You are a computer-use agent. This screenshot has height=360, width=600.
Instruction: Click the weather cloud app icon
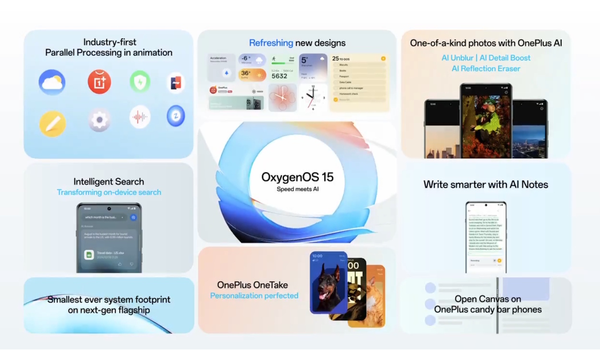(x=52, y=82)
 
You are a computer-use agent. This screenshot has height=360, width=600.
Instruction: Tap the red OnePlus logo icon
(x=99, y=82)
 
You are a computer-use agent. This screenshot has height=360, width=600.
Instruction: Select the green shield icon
(x=140, y=81)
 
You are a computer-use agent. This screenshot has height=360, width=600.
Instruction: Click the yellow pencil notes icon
(x=52, y=123)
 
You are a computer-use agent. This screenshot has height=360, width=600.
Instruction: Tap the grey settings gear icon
(x=99, y=120)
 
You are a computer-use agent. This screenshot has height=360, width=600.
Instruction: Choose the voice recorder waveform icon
(x=140, y=117)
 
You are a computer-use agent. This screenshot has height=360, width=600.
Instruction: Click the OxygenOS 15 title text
(x=297, y=177)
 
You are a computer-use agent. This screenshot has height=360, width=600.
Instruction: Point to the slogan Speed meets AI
(x=297, y=189)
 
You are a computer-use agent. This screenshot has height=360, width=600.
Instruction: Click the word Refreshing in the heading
(x=271, y=43)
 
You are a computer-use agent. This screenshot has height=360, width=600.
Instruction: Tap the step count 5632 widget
(x=279, y=76)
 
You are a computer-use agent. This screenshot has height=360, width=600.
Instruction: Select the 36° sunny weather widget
(x=252, y=75)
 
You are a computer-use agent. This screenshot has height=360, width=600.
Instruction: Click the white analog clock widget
(x=313, y=97)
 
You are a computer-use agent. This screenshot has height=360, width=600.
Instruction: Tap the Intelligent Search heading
(x=108, y=181)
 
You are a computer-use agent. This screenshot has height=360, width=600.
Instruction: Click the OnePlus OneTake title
(x=254, y=285)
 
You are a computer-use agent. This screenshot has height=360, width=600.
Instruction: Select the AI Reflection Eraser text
(x=486, y=69)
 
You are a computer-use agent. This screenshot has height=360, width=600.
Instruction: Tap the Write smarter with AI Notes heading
(x=485, y=184)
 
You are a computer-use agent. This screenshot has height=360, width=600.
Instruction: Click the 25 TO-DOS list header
(x=344, y=58)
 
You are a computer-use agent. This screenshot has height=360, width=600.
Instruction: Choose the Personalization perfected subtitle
(x=254, y=296)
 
